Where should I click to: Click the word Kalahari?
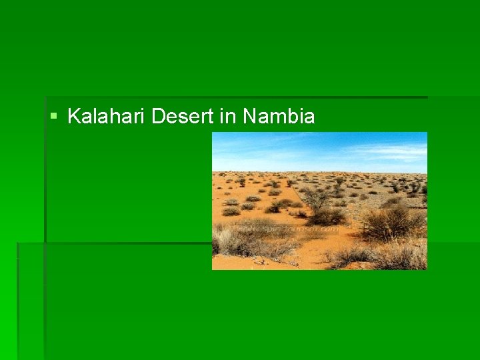[107, 117]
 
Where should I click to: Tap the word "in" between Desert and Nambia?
[228, 117]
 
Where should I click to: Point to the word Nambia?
[279, 117]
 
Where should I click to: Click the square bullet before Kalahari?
[53, 117]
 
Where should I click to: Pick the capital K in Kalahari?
[73, 117]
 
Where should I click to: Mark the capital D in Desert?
[158, 117]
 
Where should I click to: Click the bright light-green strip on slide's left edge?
[8, 300]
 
